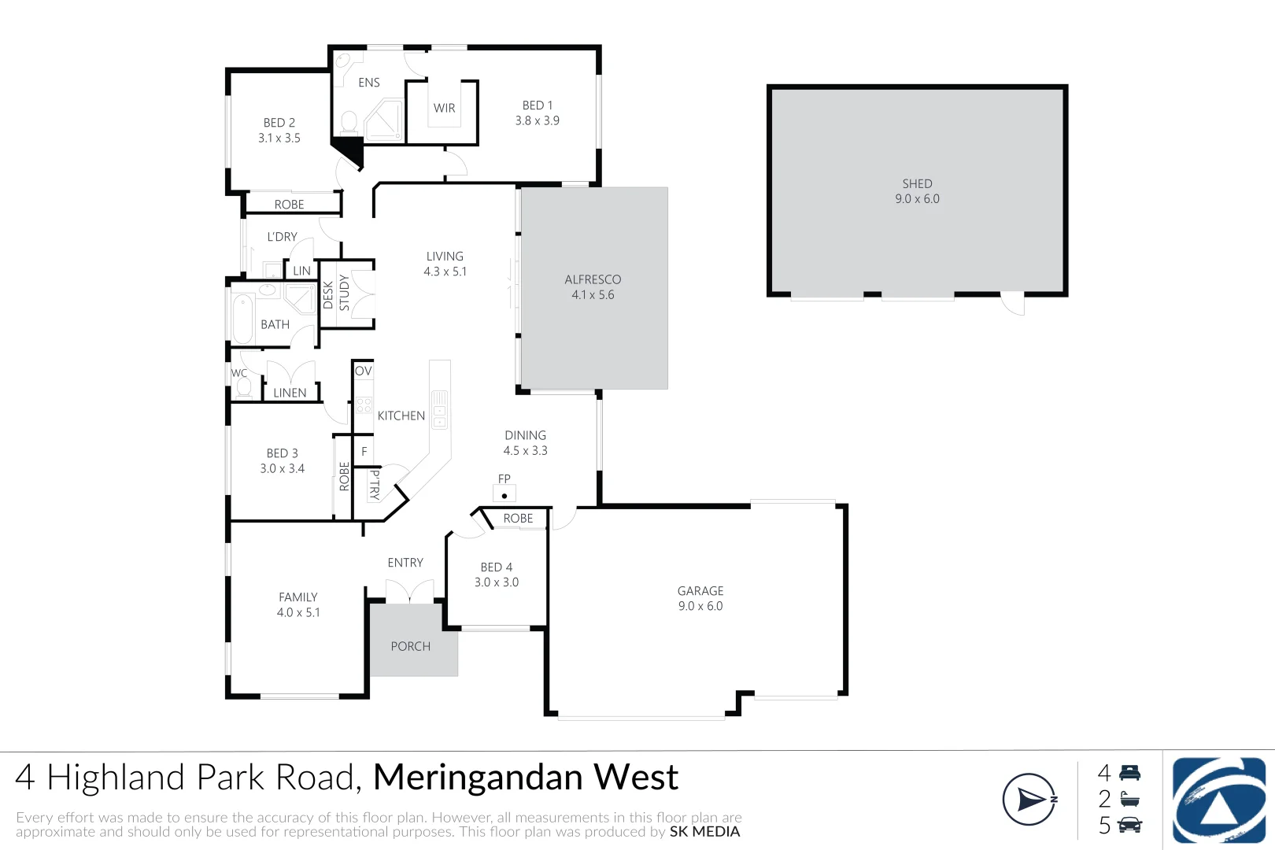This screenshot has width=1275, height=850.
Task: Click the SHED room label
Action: (917, 183)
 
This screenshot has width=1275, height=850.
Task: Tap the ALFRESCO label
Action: (593, 279)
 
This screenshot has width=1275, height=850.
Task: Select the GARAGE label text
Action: (700, 591)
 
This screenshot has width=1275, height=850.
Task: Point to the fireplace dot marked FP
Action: (504, 496)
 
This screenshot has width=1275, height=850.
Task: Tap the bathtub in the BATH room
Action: (243, 318)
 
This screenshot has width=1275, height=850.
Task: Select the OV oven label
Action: (363, 371)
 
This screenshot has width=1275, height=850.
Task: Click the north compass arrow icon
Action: (1029, 800)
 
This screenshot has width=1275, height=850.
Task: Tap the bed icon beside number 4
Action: (1129, 773)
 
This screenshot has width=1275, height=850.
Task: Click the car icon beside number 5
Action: (1129, 825)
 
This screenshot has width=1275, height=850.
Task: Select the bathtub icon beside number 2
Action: (1129, 799)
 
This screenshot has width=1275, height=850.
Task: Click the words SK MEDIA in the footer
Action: (704, 832)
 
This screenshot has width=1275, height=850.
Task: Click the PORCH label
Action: (411, 646)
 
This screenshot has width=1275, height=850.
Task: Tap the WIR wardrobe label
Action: (445, 109)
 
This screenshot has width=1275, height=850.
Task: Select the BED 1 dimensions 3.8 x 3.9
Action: (538, 120)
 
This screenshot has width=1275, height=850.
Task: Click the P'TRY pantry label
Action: (375, 485)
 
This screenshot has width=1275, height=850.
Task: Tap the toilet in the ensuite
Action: (349, 123)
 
